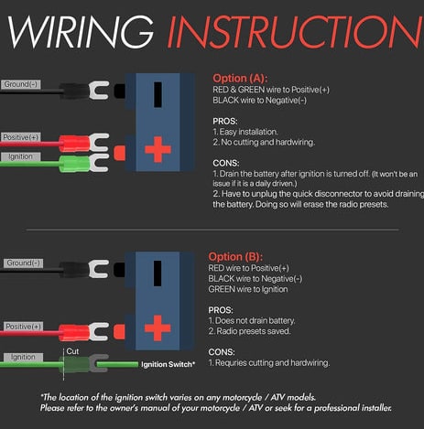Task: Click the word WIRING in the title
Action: pos(81,31)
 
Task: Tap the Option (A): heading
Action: pos(240,79)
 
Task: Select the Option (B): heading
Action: pos(235,257)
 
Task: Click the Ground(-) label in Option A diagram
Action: pos(21,84)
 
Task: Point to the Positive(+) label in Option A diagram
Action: pos(21,137)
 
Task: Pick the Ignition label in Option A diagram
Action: pos(20,156)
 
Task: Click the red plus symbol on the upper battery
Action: pos(158,149)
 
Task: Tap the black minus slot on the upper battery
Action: pos(158,94)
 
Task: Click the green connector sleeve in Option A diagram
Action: pos(74,164)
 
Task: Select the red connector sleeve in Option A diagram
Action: pos(74,144)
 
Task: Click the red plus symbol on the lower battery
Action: pos(158,327)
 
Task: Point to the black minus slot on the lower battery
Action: pos(158,273)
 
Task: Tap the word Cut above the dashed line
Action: pos(72,351)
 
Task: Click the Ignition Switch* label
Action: pos(168,364)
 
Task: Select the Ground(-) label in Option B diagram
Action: pos(23,263)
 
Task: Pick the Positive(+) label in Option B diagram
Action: pos(23,327)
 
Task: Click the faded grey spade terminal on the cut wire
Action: pos(98,363)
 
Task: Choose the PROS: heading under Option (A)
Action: pos(225,122)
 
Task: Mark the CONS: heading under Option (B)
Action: pos(222,352)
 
